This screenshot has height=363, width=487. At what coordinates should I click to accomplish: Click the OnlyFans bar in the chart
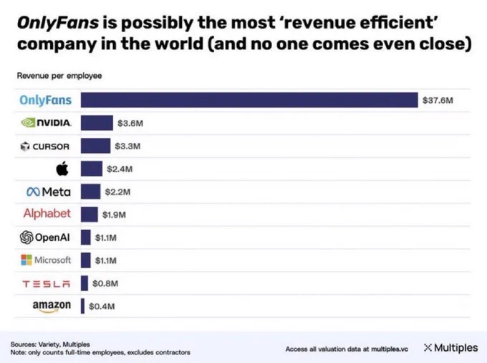click(249, 100)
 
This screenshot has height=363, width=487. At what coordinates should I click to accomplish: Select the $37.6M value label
click(438, 101)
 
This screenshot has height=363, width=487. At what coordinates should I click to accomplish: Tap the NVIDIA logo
click(47, 123)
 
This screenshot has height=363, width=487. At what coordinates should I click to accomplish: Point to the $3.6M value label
click(130, 124)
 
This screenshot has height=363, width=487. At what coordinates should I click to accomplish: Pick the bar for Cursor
click(95, 146)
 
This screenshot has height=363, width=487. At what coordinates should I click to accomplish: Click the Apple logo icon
click(62, 169)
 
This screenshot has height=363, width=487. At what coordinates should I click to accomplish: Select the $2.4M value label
click(119, 169)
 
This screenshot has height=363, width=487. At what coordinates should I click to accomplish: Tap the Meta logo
click(48, 192)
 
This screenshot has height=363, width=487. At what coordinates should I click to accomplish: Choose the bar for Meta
click(90, 192)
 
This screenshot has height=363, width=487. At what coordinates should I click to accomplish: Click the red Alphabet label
click(47, 214)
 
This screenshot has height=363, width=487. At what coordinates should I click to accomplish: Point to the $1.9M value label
click(115, 214)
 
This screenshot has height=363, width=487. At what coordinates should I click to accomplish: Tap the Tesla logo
click(47, 283)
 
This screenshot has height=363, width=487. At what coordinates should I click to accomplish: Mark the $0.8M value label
click(105, 283)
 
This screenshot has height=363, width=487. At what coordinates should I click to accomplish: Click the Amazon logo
click(52, 306)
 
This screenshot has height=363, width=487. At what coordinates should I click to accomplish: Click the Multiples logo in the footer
click(450, 348)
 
